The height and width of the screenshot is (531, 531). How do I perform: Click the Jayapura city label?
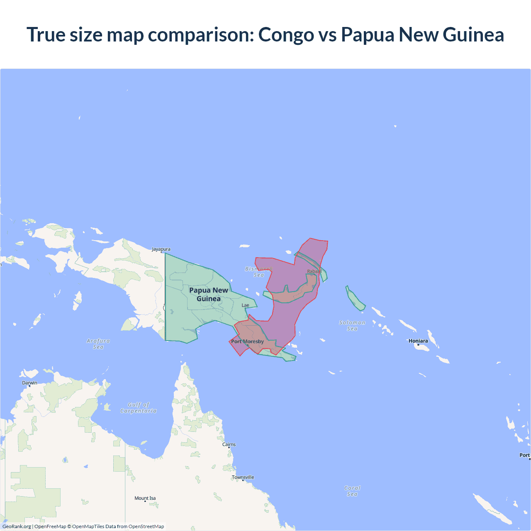click(161, 249)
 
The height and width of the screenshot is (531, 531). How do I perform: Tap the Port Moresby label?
click(248, 341)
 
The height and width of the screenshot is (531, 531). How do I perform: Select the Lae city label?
click(246, 305)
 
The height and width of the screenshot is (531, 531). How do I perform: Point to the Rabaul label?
click(314, 271)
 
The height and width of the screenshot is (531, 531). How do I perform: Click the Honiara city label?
click(418, 341)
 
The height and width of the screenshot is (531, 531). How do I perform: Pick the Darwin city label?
click(29, 383)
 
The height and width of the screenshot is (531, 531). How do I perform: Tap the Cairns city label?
click(229, 444)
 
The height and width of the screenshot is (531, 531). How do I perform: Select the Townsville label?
click(243, 477)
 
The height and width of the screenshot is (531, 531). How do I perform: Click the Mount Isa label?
click(145, 498)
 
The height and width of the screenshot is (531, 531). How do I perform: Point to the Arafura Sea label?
click(98, 344)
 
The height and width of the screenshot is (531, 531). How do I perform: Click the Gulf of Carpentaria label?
click(139, 408)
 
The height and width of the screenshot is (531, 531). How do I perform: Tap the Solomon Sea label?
click(352, 326)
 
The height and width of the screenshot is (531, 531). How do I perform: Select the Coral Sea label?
click(352, 491)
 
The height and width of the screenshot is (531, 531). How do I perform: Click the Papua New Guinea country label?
click(209, 295)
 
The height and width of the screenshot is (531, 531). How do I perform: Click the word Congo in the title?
click(286, 34)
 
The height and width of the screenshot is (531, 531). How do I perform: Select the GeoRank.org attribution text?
click(17, 526)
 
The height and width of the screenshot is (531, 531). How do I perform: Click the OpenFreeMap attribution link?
click(50, 526)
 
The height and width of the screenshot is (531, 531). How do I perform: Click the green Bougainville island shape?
click(355, 299)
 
